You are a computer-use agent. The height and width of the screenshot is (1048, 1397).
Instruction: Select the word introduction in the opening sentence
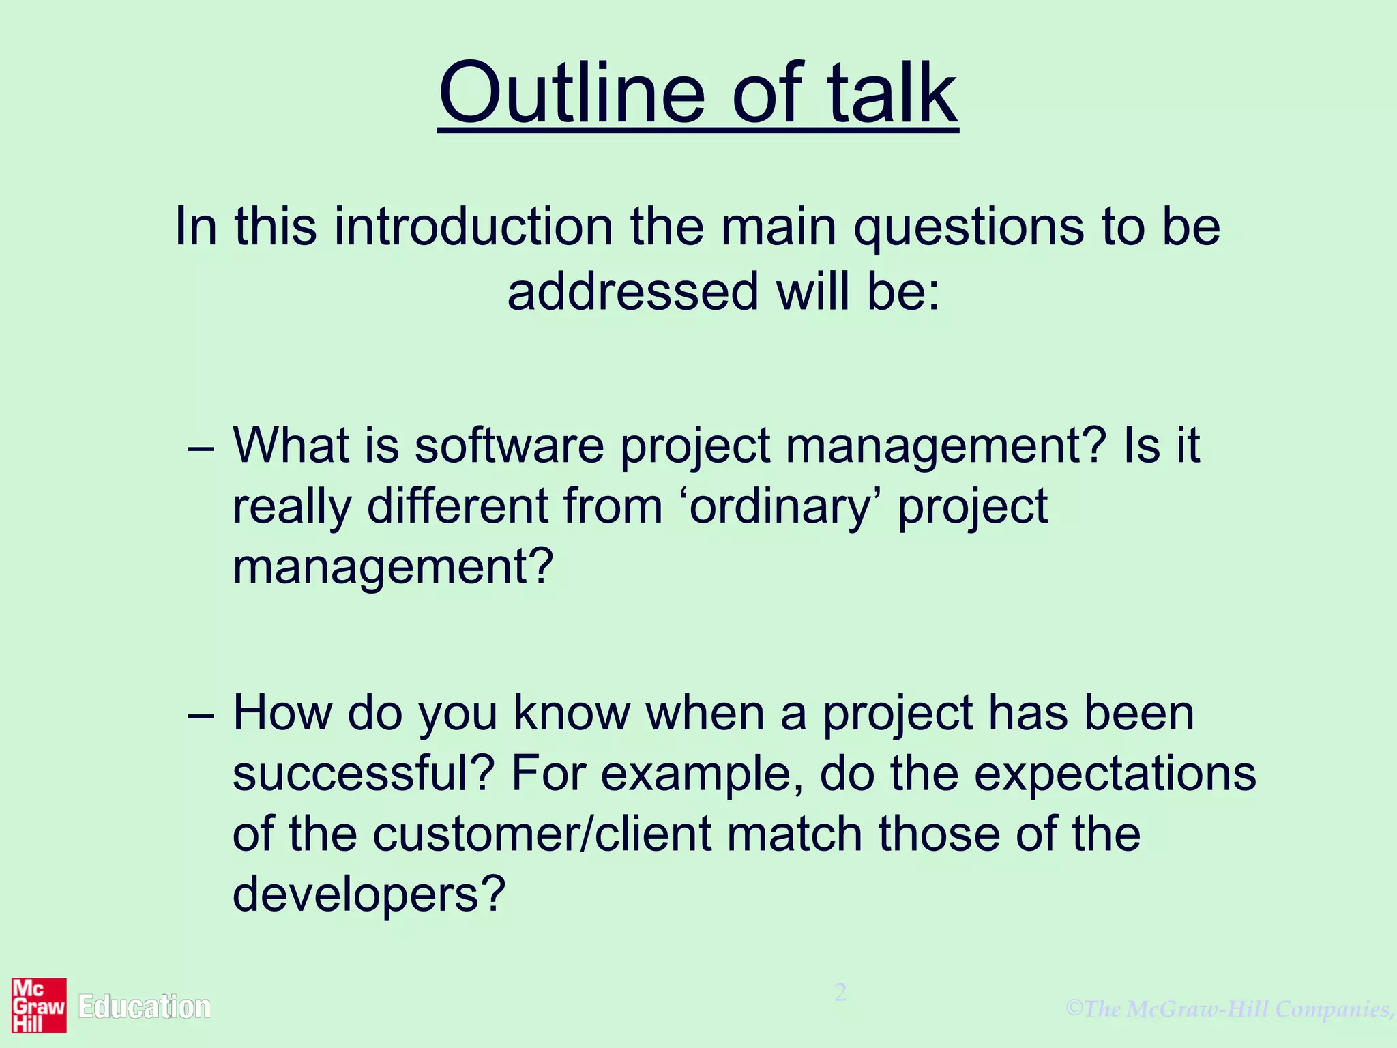coord(473,227)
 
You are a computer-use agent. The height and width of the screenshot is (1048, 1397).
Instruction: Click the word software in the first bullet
coord(509,446)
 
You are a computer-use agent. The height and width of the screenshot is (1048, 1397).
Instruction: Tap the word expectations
coord(1115,775)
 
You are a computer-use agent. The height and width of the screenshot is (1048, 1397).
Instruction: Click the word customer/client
coord(542,834)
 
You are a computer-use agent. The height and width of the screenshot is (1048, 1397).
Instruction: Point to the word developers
coord(368,894)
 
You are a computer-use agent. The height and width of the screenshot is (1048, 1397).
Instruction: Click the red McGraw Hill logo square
coord(39,1005)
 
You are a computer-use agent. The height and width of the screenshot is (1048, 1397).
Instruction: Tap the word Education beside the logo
coord(144,1007)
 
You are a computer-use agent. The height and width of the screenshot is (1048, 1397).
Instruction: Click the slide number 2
coord(840,992)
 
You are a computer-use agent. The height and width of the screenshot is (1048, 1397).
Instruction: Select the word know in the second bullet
coord(571,714)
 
